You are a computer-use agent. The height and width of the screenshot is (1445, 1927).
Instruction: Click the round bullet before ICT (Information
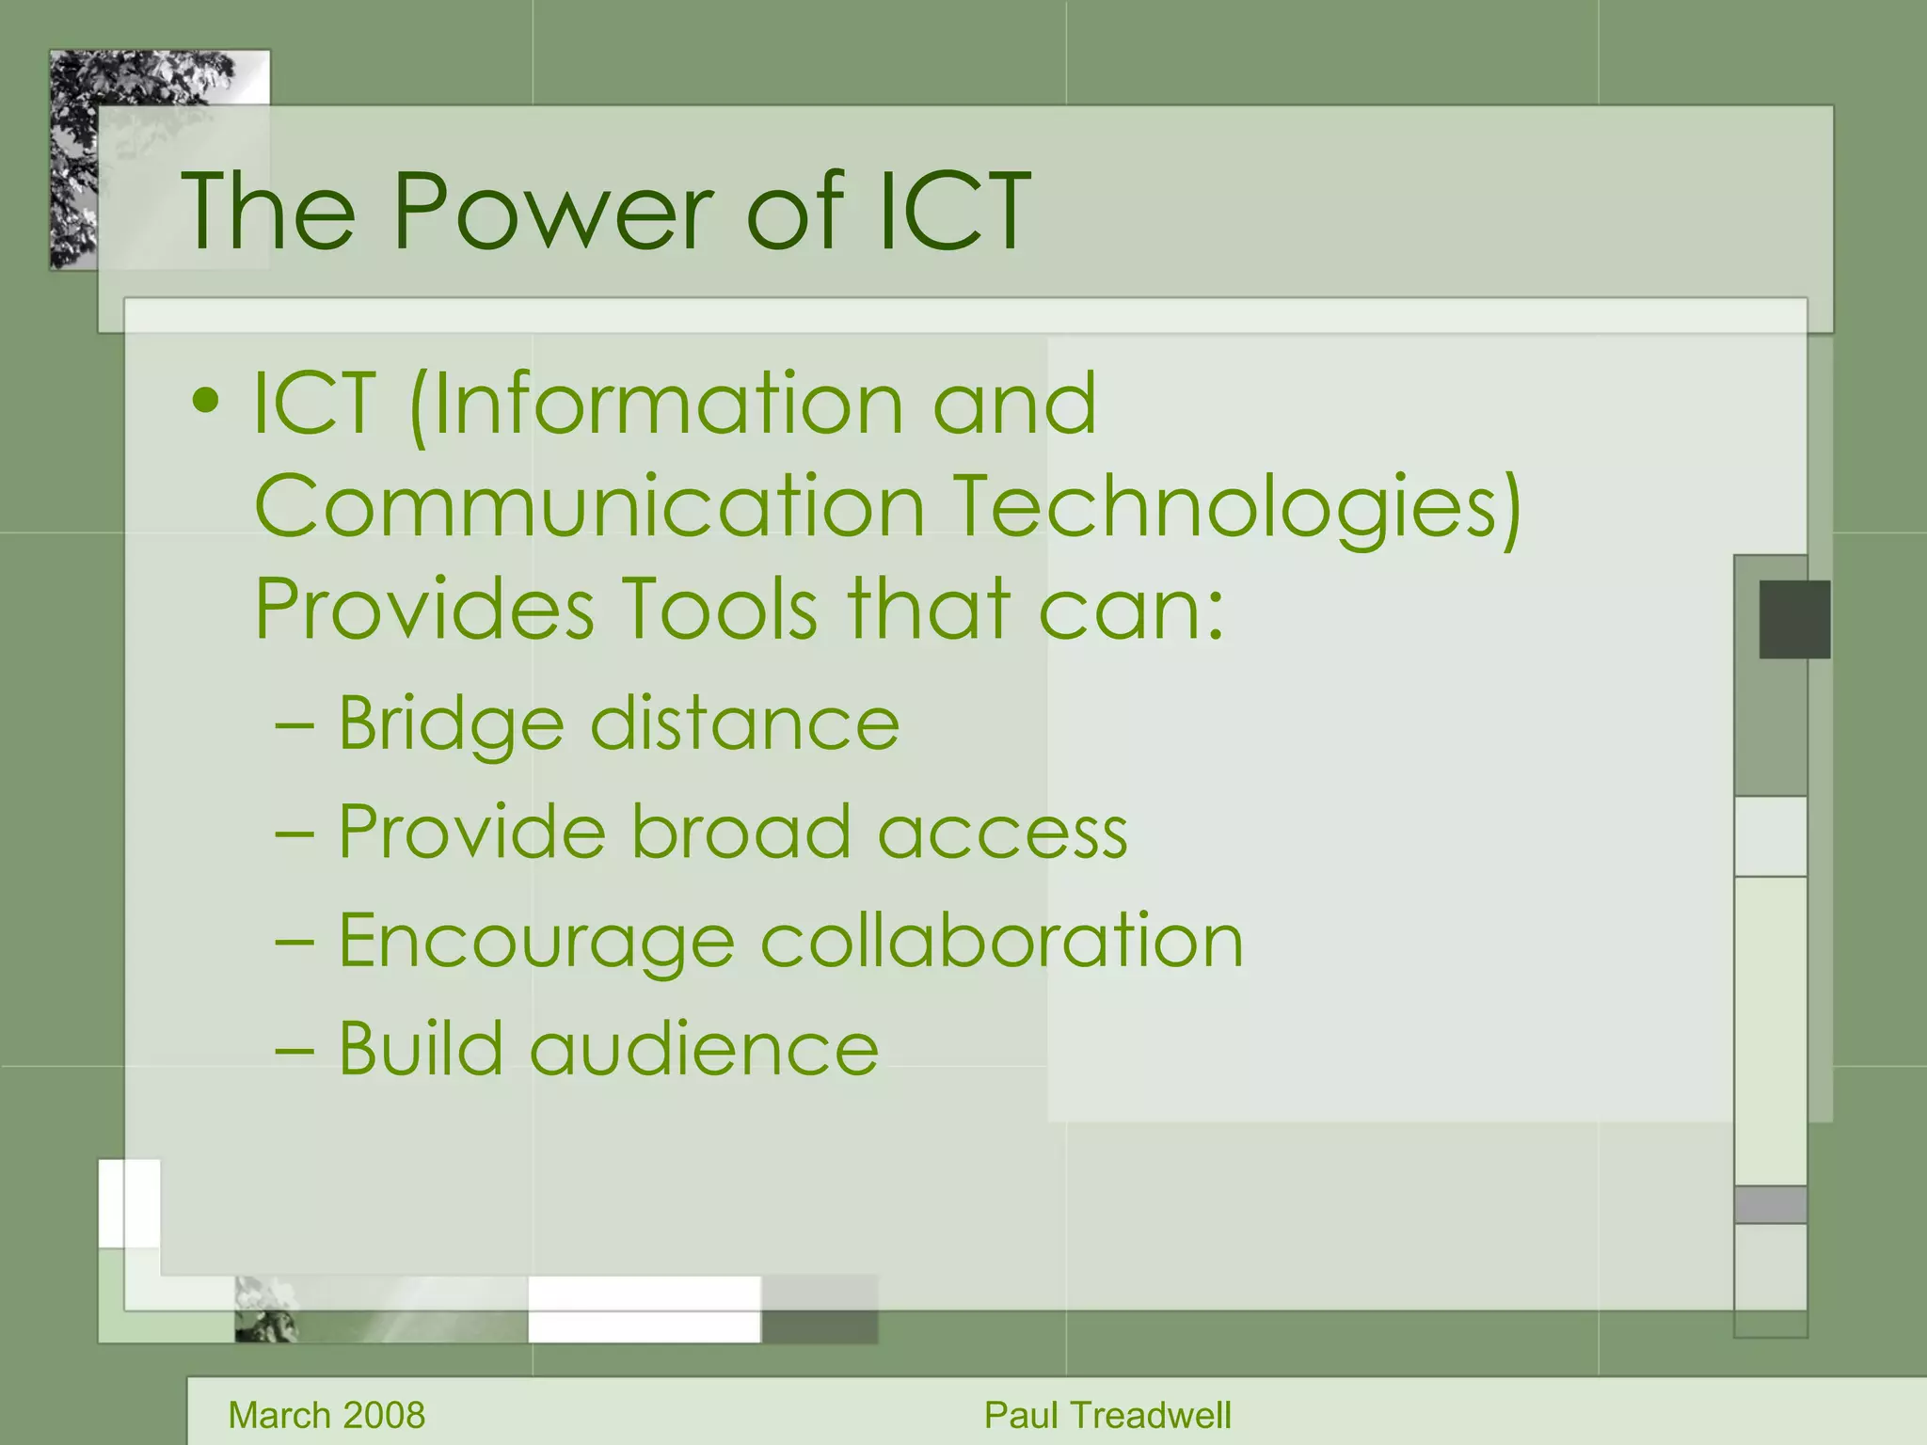click(205, 403)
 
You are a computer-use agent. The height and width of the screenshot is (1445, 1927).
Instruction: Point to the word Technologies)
click(1235, 508)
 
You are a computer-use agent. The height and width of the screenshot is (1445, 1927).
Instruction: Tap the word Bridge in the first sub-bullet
click(450, 725)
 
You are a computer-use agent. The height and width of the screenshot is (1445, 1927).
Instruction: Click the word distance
click(743, 723)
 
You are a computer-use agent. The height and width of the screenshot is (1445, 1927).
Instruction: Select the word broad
click(741, 832)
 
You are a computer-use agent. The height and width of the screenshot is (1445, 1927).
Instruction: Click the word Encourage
click(535, 942)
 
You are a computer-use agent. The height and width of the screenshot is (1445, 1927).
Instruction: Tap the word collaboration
click(1001, 940)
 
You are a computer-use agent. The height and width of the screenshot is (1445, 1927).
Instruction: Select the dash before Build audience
click(295, 1049)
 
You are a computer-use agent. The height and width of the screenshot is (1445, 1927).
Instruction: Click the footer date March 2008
click(326, 1415)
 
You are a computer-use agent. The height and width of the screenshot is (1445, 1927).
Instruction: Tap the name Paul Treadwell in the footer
click(1107, 1415)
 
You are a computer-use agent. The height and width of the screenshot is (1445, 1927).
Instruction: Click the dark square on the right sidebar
click(1794, 619)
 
